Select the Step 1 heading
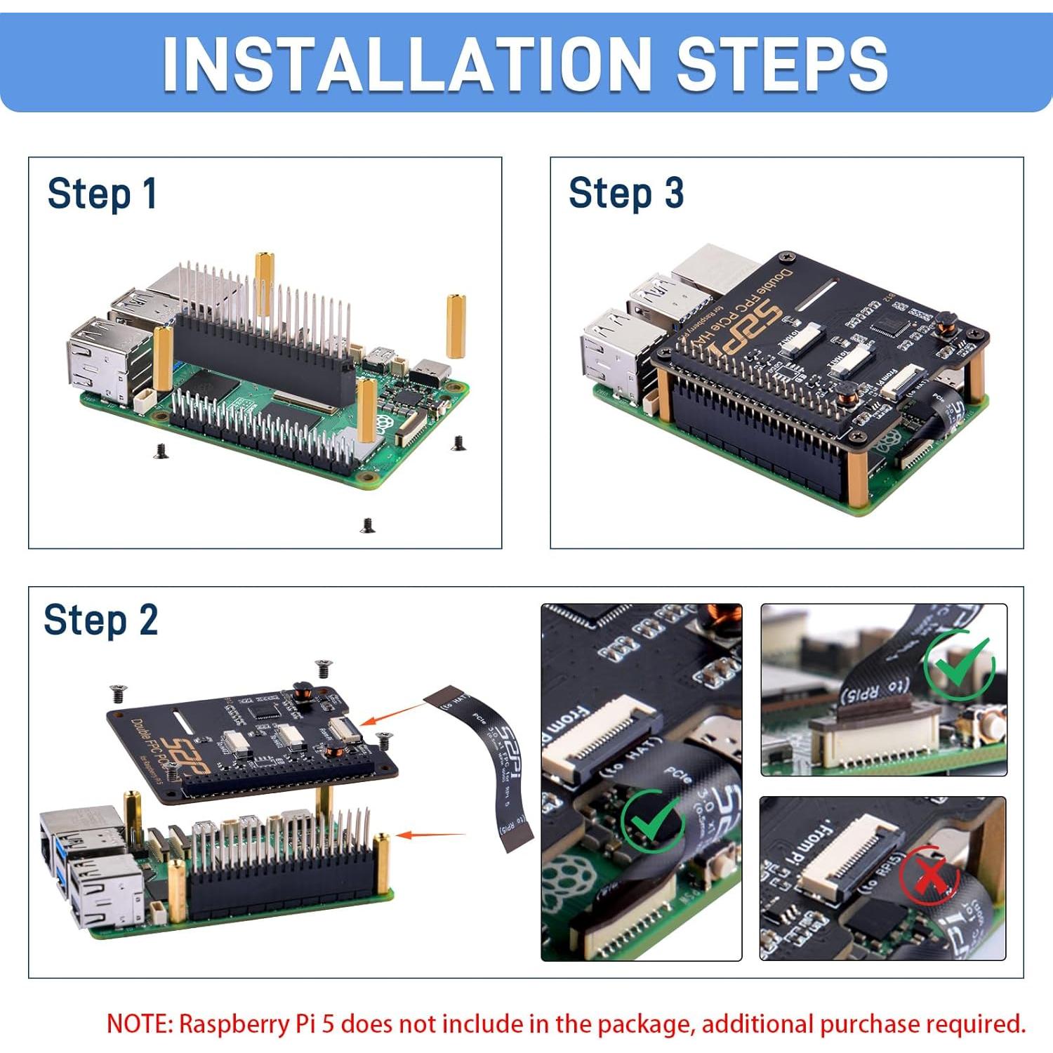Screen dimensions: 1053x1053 [102, 194]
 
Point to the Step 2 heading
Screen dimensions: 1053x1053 [101, 621]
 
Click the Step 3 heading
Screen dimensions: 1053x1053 [625, 193]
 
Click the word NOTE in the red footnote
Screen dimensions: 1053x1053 [139, 1024]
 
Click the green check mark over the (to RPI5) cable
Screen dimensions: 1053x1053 [959, 663]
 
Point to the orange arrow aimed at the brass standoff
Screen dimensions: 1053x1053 [430, 835]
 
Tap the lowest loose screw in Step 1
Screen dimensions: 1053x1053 [367, 525]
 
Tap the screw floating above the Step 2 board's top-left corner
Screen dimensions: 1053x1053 [117, 694]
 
